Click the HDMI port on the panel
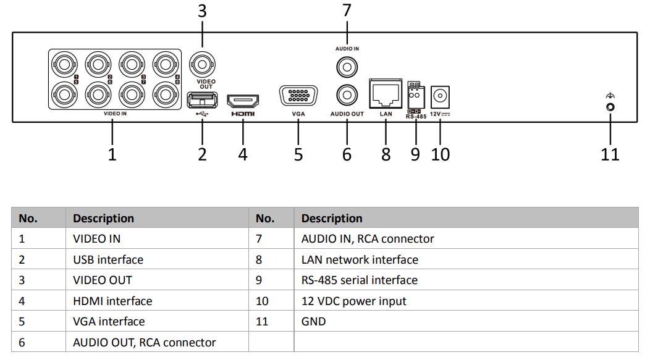click(243, 101)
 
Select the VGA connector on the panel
click(298, 98)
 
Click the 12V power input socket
click(441, 96)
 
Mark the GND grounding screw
click(610, 107)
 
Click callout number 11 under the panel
click(610, 154)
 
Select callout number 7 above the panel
click(347, 10)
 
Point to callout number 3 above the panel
click(202, 11)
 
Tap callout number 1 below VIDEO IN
click(112, 154)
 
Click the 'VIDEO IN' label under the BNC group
click(115, 114)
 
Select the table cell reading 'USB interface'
click(108, 259)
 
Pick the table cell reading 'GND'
click(313, 321)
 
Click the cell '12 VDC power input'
click(354, 301)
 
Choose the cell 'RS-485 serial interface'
click(360, 280)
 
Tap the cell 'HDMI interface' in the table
click(112, 301)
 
